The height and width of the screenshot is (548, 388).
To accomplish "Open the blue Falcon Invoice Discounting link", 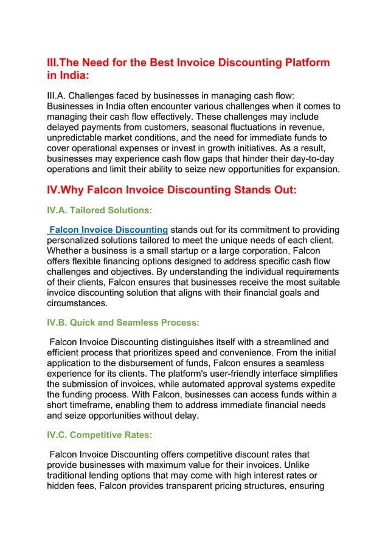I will click(x=108, y=229).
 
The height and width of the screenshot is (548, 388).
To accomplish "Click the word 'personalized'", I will click(x=75, y=240).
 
